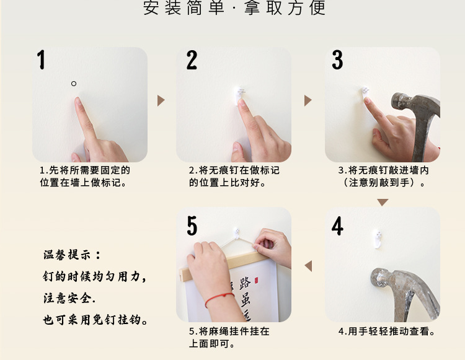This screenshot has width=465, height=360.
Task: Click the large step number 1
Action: pos(41,59)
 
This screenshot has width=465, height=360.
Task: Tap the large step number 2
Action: pos(192,60)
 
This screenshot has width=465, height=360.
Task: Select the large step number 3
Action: pos(337,60)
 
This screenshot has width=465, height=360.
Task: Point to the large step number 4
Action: pos(337,226)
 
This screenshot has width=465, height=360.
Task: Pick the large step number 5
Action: pos(192,226)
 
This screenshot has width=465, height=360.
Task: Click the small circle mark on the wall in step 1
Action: pos(74,84)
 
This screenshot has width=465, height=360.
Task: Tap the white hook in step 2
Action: pos(239,95)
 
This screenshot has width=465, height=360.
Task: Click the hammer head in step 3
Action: pos(415,103)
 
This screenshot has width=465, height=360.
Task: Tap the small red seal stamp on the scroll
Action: pos(256,280)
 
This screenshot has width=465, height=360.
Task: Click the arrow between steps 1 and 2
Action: pos(161,101)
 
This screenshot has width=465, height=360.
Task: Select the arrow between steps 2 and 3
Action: pos(308,101)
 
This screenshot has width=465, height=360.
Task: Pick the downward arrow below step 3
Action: pos(383,203)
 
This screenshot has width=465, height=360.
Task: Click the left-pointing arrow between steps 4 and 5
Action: pos(308,266)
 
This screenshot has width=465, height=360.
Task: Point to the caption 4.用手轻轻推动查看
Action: pos(387,331)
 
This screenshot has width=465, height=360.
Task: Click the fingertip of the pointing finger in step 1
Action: pos(77,100)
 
